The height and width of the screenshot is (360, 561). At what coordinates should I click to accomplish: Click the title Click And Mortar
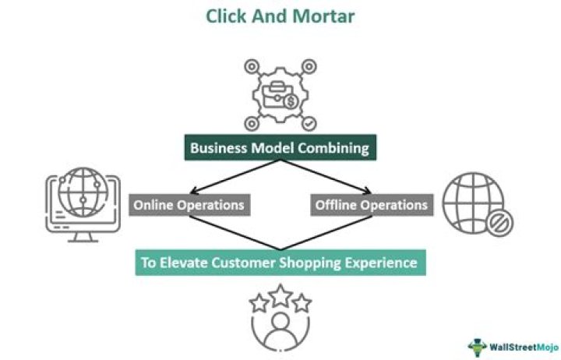(x=280, y=16)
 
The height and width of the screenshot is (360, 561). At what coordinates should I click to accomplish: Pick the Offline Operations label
(x=371, y=205)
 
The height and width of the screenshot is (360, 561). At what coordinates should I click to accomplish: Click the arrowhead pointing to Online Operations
(x=190, y=192)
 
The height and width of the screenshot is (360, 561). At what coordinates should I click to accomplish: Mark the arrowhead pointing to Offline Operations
(x=369, y=192)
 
